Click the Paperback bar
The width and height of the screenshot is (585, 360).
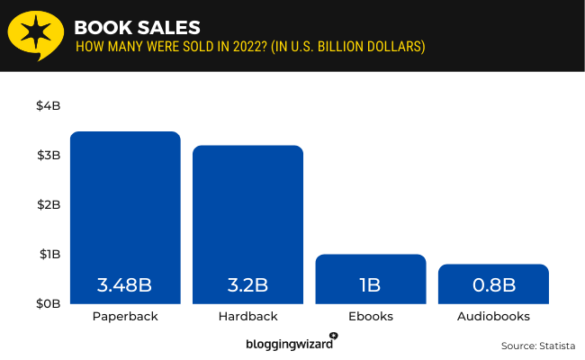click(125, 216)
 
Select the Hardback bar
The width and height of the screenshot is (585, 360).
click(247, 220)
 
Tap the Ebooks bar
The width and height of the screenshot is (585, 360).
click(370, 270)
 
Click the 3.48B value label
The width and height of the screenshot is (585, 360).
click(125, 286)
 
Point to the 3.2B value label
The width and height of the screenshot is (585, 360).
click(247, 286)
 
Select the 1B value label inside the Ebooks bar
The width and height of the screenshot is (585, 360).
click(370, 286)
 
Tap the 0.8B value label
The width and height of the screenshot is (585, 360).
click(493, 286)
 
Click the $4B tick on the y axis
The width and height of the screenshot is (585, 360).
click(48, 105)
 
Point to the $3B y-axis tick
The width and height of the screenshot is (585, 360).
click(48, 155)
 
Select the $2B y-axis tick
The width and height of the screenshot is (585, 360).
click(48, 204)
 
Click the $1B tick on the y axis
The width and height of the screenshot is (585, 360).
click(48, 254)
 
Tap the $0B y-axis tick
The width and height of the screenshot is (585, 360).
click(48, 303)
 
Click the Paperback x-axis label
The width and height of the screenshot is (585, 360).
click(125, 317)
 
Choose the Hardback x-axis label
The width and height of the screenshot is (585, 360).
click(247, 317)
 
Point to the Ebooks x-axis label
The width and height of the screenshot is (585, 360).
click(370, 317)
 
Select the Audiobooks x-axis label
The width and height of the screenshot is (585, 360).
click(493, 317)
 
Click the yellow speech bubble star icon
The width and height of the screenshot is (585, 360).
click(36, 36)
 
